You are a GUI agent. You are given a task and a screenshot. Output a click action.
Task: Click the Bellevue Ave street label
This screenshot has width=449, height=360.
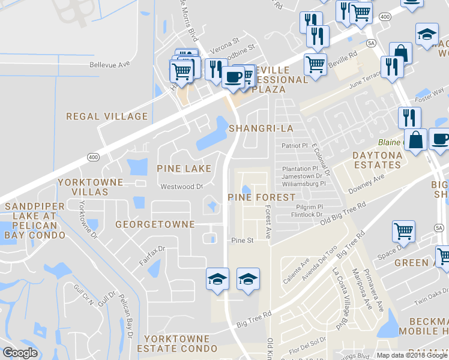(x=109, y=64)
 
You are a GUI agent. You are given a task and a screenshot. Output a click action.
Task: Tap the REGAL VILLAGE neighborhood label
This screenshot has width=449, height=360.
(x=107, y=116)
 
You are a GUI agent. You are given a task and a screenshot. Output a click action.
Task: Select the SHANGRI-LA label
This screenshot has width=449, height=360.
(x=261, y=128)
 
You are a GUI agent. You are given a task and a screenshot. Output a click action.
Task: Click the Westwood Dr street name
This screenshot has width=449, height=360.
(x=182, y=187)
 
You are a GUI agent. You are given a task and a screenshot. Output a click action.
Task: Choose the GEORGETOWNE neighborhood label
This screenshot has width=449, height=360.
(x=155, y=224)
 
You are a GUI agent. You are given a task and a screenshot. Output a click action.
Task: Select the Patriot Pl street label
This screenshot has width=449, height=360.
(x=295, y=146)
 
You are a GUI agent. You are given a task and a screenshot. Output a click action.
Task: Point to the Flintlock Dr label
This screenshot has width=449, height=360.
(x=307, y=214)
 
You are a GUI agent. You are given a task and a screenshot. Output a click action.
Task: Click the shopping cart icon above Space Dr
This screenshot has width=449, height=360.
(x=403, y=232)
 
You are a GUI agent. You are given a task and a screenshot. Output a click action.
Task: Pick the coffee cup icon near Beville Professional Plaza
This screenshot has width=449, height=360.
(x=233, y=77)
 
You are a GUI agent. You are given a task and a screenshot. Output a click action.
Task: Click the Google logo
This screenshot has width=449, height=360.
(x=20, y=352)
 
